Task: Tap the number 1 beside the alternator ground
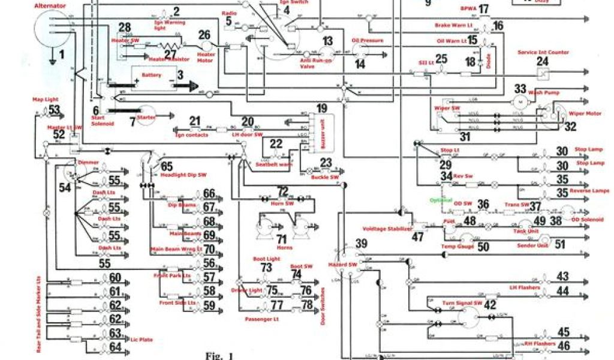point(61,56)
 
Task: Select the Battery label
point(151,76)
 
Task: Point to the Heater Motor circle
point(206,46)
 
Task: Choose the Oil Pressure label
point(367,41)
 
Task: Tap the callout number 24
point(542,62)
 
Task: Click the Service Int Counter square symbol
point(543,74)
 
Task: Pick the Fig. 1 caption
point(219,355)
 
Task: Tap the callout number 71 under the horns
point(282,239)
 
